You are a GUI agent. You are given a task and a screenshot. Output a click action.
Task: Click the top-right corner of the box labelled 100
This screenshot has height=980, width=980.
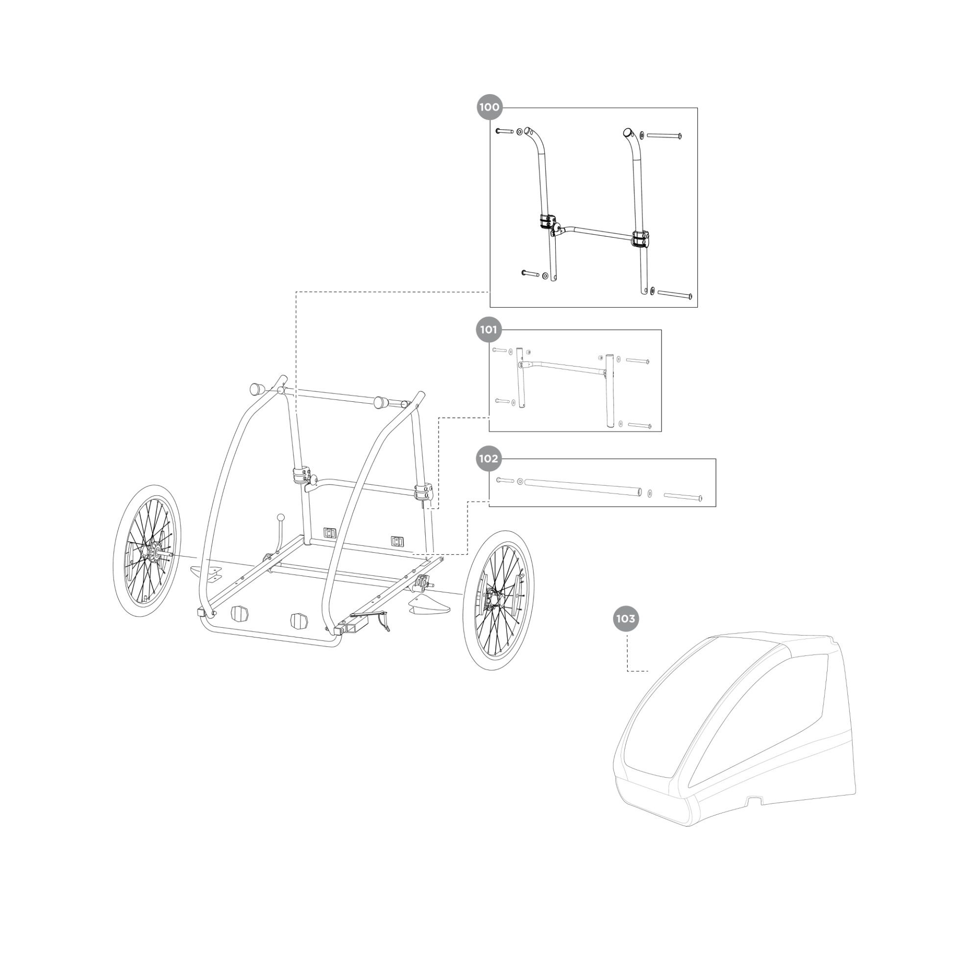click(697, 107)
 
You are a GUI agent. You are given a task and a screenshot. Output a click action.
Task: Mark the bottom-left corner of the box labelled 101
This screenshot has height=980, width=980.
click(489, 432)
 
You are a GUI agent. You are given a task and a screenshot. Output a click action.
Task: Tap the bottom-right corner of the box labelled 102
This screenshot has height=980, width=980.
click(716, 506)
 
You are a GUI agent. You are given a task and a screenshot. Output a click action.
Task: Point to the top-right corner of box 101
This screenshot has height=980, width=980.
click(661, 330)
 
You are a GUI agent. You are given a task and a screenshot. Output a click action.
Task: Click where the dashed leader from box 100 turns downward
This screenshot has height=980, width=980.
click(296, 292)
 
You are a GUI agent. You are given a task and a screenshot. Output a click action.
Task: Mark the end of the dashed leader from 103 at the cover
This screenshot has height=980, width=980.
click(648, 671)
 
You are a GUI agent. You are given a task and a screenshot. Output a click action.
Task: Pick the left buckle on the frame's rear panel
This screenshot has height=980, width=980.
click(330, 532)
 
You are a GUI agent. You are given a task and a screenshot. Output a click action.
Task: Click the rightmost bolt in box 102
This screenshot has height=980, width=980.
click(683, 497)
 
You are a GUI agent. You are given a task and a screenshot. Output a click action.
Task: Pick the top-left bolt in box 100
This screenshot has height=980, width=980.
click(504, 131)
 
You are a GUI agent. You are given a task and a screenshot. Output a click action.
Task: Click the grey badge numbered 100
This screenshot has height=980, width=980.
click(490, 107)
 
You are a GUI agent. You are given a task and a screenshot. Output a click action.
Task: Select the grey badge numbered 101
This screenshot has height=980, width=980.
click(489, 330)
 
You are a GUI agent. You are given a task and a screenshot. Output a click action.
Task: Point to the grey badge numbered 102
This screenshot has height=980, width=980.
click(489, 459)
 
